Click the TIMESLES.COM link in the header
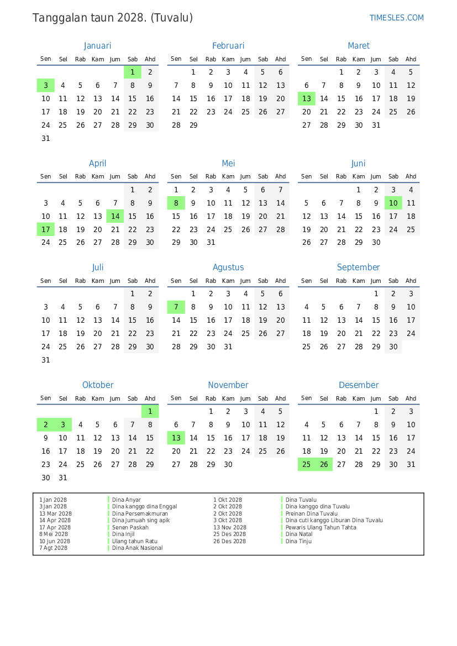pos(396,18)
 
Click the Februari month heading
pos(228,46)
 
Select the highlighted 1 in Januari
pos(133,72)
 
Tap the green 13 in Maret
pos(307,99)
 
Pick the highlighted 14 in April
pos(115,216)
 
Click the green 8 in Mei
pos(176,203)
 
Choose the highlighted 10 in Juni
pos(393,203)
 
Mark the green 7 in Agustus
pos(176,307)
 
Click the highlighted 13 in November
pos(176,438)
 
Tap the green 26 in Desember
pos(324,464)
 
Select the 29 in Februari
pos(193,125)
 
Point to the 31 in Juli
pos(46,360)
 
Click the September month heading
pos(359,267)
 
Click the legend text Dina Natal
pos(299,534)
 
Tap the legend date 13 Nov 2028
pos(230,527)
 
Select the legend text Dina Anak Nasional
pos(138,548)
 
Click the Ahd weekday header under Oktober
pos(150,398)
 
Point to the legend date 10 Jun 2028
pos(55,541)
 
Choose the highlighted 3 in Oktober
pos(63,424)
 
